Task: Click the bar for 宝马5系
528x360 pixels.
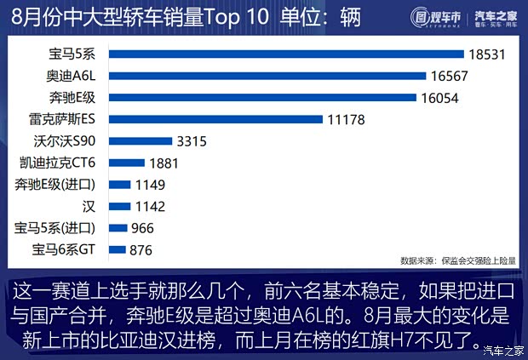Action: [286, 54]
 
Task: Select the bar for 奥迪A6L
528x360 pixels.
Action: [267, 76]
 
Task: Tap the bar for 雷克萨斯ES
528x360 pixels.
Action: [216, 119]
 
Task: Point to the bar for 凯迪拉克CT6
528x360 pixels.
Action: [126, 163]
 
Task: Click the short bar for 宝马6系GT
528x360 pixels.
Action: [117, 249]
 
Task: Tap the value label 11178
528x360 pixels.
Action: [346, 120]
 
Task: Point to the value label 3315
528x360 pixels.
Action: [192, 141]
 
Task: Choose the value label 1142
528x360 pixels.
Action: [150, 206]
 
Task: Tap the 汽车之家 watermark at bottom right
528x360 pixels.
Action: [502, 349]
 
